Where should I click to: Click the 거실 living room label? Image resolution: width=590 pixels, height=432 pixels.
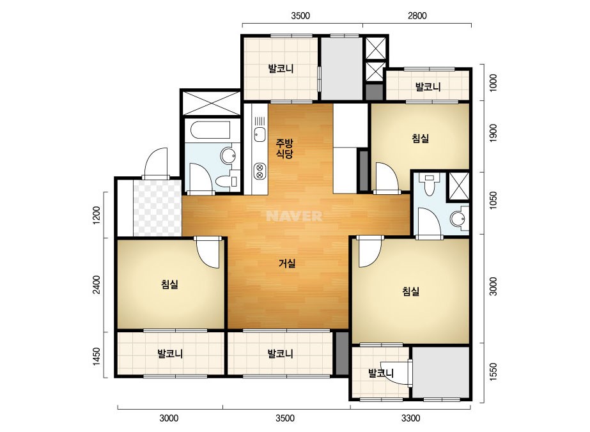click(287, 263)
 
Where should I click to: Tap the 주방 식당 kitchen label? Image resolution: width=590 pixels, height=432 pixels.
click(284, 148)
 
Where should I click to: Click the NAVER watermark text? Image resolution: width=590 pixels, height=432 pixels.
click(294, 216)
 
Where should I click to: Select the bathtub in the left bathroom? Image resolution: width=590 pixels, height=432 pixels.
click(210, 130)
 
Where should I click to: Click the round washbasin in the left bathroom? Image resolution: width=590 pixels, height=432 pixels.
click(228, 156)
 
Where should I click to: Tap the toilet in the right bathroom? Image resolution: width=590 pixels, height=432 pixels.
click(428, 185)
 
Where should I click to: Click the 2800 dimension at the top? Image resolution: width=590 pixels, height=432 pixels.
click(417, 16)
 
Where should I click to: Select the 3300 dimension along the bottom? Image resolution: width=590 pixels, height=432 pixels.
click(410, 418)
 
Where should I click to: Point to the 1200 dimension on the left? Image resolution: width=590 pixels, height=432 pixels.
click(97, 215)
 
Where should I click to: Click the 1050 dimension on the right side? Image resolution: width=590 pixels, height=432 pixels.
click(493, 200)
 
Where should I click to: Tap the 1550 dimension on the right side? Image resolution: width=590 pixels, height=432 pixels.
click(493, 372)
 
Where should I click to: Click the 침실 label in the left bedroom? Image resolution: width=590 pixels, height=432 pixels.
click(169, 284)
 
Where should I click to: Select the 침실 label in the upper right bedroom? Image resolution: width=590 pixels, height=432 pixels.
click(421, 139)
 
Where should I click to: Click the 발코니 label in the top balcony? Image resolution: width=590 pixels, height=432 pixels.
click(281, 69)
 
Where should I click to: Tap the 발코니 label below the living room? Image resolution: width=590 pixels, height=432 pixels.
click(280, 354)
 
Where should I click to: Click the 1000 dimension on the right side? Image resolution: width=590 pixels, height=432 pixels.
click(493, 83)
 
